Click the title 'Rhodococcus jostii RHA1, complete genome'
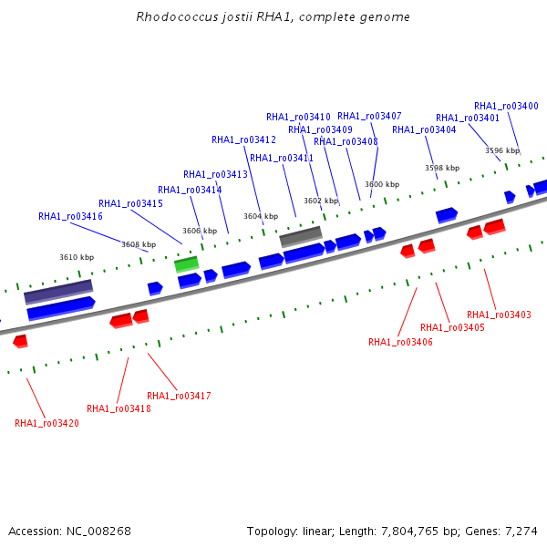[x=273, y=16]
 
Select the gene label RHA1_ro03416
[x=70, y=216]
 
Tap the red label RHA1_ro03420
[x=46, y=423]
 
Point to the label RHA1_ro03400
[x=506, y=106]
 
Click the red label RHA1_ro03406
[x=400, y=342]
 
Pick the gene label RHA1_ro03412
[x=243, y=139]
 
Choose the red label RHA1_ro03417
[x=179, y=396]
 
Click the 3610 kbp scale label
[x=77, y=257]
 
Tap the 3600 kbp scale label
[x=382, y=184]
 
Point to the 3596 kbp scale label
[x=502, y=150]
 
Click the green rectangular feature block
[x=187, y=264]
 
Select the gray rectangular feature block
[x=301, y=236]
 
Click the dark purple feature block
[x=58, y=292]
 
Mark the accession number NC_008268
[x=98, y=531]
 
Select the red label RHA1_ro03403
[x=499, y=315]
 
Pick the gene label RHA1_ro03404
[x=424, y=129]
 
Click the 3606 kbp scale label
[x=200, y=231]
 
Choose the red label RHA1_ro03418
[x=119, y=408]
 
